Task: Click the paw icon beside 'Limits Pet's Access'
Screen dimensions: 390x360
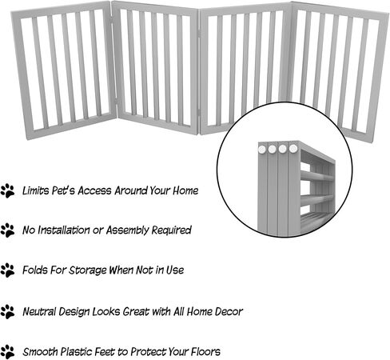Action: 7,191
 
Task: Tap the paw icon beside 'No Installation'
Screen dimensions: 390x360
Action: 7,230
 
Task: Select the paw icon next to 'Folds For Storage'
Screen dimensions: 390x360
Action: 7,270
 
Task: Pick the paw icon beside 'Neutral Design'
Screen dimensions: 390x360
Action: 7,312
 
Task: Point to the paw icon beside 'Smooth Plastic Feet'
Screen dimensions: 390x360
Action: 7,352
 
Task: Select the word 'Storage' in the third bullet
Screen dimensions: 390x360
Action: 88,270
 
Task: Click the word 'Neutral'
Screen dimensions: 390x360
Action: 39,312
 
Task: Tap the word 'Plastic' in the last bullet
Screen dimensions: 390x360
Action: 76,352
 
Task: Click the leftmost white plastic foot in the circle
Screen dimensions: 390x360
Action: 262,149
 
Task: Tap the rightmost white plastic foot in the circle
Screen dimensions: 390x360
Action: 293,148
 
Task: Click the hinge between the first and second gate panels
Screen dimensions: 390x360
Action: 116,101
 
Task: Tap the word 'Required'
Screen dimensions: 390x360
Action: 172,230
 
